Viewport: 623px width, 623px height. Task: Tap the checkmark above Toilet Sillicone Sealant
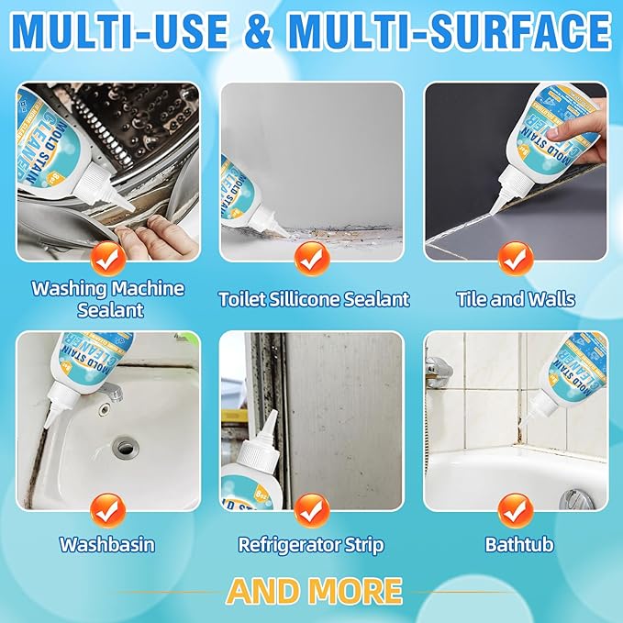coord(312,259)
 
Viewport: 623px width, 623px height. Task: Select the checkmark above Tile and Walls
coord(515,258)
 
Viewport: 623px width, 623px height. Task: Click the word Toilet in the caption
coord(240,299)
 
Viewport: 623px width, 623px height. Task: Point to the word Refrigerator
coord(283,544)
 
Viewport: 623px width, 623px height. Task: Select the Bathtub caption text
coord(518,544)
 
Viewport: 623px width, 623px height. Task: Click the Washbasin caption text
coord(107,544)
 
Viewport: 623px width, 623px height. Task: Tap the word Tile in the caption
coord(473,299)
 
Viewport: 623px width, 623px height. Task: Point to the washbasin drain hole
coord(125,449)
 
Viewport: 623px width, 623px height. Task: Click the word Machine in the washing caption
coord(149,289)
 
